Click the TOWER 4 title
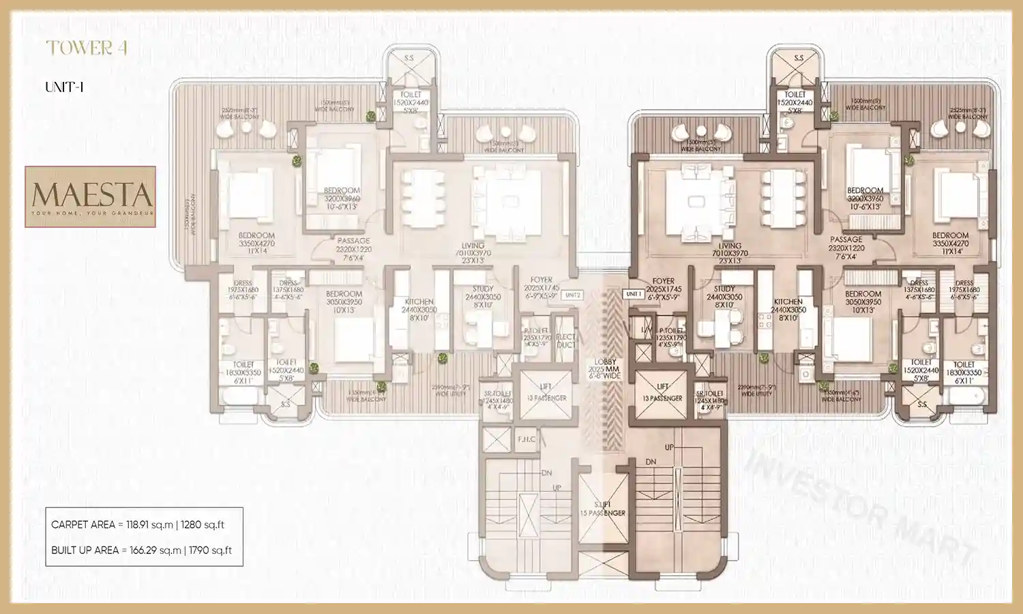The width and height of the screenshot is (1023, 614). click(87, 48)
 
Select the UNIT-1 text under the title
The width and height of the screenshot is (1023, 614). click(64, 87)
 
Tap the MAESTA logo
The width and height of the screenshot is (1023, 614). click(91, 196)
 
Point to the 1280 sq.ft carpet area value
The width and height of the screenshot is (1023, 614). click(203, 525)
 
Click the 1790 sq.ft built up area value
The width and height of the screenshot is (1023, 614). click(210, 550)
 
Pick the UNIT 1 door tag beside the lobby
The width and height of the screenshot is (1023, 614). click(634, 294)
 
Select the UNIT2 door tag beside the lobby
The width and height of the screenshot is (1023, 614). click(573, 295)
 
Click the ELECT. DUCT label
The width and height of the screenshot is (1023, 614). click(565, 340)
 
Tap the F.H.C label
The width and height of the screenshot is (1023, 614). click(527, 439)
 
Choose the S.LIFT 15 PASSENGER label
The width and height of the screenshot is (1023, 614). click(603, 509)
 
